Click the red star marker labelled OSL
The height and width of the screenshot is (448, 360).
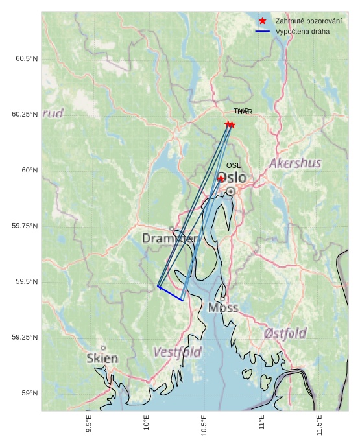coord(221,178)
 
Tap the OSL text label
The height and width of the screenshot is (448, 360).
coord(234,165)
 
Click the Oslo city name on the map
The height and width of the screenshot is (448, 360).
coord(232,178)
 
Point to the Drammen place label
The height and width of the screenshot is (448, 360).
coord(170,239)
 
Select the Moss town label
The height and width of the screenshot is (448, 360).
coord(223,307)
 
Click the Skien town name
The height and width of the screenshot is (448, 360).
coord(102,359)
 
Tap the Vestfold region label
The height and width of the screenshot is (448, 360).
coord(177,352)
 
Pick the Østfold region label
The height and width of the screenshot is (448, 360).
coord(285,333)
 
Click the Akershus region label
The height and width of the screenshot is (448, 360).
coord(295,163)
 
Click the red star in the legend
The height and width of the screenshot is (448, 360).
coord(262,21)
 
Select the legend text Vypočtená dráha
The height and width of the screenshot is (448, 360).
coord(302,31)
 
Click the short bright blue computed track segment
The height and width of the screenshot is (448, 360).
coord(170,293)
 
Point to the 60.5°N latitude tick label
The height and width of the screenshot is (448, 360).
coord(27,58)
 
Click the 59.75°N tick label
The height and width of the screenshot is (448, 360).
coord(25,226)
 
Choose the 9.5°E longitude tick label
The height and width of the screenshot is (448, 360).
coord(89,425)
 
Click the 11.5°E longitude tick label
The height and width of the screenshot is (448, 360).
coord(320,425)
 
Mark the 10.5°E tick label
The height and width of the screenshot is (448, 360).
coord(204,425)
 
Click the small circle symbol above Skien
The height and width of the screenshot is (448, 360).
coord(102,348)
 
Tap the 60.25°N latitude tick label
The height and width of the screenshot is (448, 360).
coord(25,114)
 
